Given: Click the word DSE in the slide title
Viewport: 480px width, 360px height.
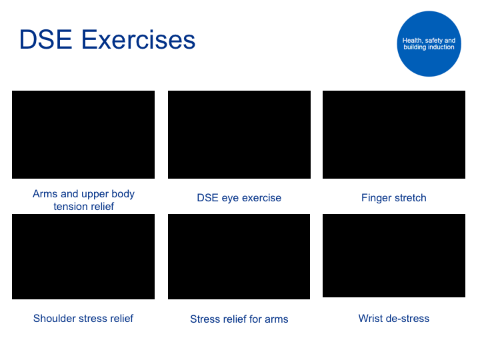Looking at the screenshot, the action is coord(46,39).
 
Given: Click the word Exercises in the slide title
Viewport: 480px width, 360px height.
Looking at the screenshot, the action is coord(138,39).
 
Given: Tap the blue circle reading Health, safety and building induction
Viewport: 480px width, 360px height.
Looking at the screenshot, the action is coord(429,44).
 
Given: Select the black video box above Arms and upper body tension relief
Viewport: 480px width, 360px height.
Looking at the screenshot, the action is coord(83,135).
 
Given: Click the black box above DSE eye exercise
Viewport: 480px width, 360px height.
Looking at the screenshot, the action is coord(239,135).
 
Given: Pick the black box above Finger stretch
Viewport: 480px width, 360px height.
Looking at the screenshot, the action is coord(394,135).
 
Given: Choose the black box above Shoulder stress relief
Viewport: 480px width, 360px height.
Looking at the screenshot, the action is coord(83,257).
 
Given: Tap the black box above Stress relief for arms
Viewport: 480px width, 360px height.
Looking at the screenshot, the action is coord(239,257).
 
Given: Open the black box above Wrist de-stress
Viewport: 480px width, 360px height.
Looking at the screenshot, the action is coord(394,255).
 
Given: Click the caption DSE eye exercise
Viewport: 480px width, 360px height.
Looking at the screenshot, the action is coord(239,198).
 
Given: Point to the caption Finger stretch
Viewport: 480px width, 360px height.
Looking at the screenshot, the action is coord(394,198).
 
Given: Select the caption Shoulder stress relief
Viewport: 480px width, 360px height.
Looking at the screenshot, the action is coord(83,319).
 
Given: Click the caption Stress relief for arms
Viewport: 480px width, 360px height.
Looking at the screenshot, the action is coord(239,319).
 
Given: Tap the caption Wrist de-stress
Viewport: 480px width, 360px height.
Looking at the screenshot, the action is coord(394,319).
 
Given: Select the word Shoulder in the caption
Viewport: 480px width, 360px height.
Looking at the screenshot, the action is coord(53,319).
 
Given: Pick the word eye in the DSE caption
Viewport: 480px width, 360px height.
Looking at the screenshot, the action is coord(229,199).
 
